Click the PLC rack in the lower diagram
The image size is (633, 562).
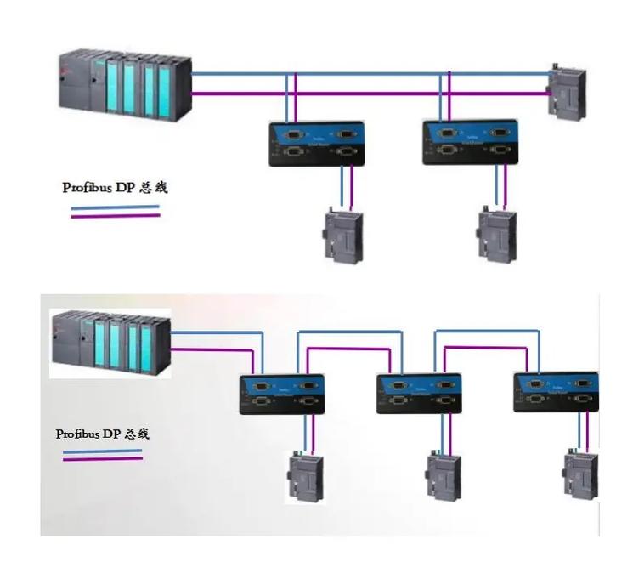pyautogui.click(x=110, y=343)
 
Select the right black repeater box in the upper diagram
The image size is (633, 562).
pyautogui.click(x=471, y=141)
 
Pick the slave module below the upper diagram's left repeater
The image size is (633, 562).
pyautogui.click(x=343, y=235)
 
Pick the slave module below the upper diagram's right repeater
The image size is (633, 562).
pyautogui.click(x=496, y=235)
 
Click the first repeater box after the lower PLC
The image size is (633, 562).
pyautogui.click(x=281, y=394)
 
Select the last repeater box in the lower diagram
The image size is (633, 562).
pyautogui.click(x=557, y=392)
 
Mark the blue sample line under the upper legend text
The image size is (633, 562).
pyautogui.click(x=115, y=207)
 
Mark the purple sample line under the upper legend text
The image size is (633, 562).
pyautogui.click(x=115, y=215)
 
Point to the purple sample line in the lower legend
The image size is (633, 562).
pyautogui.click(x=102, y=459)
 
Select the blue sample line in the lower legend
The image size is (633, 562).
pyautogui.click(x=102, y=451)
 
